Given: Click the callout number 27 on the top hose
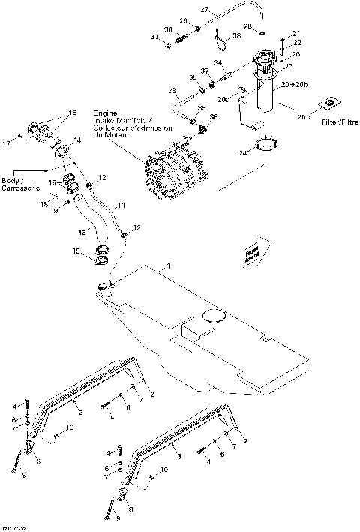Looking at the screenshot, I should click(x=203, y=8).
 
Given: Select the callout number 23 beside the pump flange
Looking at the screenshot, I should click(x=289, y=67).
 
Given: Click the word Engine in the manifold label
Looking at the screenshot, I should click(x=104, y=111).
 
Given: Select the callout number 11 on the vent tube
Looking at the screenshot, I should click(x=121, y=204).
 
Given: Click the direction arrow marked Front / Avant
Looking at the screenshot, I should click(x=250, y=256).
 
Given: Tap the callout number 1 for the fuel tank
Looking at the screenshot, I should click(x=169, y=266).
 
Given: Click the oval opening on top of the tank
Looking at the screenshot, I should click(x=211, y=318).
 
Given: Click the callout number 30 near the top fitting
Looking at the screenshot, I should click(x=169, y=29).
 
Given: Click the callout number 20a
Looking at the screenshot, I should click(x=223, y=98).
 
